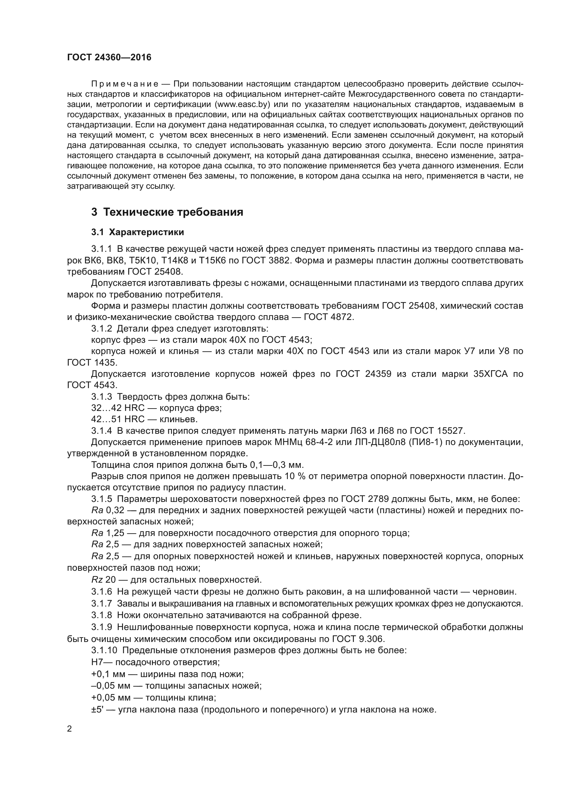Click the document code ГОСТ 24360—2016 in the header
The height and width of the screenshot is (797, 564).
click(109, 57)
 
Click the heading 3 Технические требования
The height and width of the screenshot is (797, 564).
click(167, 212)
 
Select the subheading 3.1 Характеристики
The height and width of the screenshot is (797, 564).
click(137, 232)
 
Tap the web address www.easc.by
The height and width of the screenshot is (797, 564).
click(243, 104)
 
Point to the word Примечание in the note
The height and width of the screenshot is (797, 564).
click(125, 84)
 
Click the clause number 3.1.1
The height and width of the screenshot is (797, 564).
click(101, 249)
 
